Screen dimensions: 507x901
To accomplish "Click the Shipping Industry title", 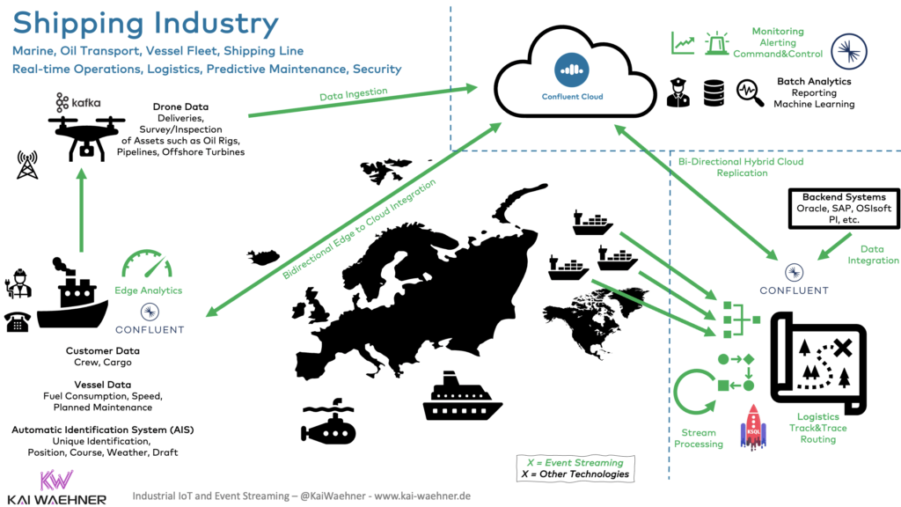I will tap(146, 23).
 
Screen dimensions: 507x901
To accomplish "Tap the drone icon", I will tap(84, 133).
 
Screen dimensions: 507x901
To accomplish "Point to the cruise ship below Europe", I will tap(462, 398).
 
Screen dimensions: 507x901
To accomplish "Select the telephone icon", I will tap(18, 321).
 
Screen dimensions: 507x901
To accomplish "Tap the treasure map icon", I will tap(814, 361).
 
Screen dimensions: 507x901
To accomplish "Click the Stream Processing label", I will tap(700, 438).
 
